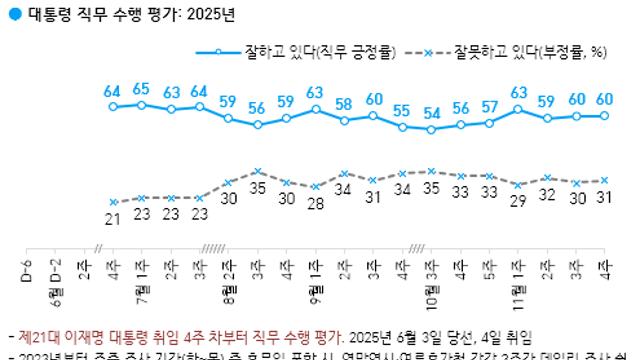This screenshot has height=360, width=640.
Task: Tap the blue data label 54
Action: (x=432, y=113)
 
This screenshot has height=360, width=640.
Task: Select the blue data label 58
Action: (x=345, y=104)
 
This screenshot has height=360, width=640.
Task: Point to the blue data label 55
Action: (x=403, y=111)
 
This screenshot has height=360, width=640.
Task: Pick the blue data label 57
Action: (x=490, y=108)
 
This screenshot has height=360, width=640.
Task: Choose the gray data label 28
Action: (x=316, y=204)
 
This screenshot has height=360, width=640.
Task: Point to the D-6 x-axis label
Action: (x=27, y=271)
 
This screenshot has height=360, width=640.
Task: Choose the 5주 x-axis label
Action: (x=490, y=271)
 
